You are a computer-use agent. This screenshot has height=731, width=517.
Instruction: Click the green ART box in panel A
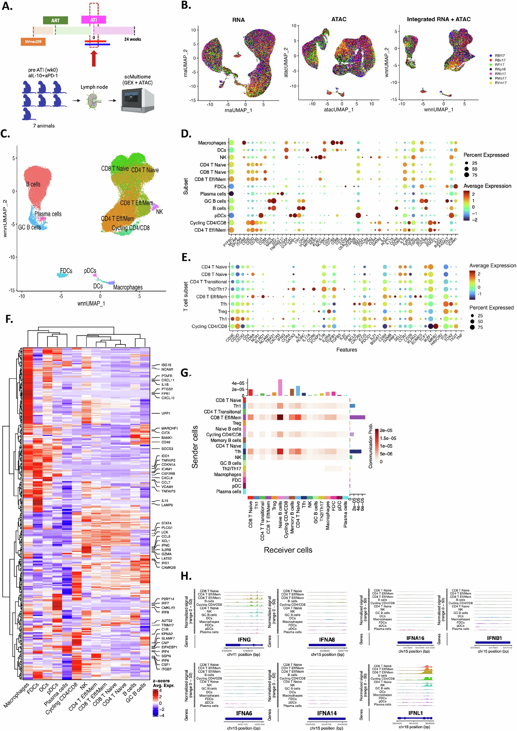(x=55, y=20)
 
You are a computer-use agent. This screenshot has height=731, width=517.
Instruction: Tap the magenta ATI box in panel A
(x=93, y=20)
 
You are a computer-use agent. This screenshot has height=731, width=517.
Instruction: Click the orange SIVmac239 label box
(x=33, y=42)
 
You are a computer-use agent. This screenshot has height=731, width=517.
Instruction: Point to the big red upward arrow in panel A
(x=94, y=58)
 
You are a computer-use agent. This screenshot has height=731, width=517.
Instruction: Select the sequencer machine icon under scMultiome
(x=137, y=100)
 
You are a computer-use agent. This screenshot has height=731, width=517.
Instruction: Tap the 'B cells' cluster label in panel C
(x=33, y=184)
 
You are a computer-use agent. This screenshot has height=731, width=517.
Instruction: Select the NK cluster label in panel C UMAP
(x=159, y=212)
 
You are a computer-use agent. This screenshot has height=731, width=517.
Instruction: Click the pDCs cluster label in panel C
(x=90, y=271)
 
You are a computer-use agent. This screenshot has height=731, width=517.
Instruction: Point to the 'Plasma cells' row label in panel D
(x=213, y=194)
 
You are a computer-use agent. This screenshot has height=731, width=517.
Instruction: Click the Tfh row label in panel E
(x=224, y=304)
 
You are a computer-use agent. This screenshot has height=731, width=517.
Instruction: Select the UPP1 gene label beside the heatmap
(x=166, y=413)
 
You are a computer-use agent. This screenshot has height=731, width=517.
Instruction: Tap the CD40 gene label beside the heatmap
(x=166, y=442)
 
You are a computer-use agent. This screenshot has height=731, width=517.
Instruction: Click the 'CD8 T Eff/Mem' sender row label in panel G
(x=226, y=417)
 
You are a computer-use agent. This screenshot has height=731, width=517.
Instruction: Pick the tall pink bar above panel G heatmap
(x=280, y=387)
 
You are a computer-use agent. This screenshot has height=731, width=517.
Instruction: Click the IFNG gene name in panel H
(x=244, y=640)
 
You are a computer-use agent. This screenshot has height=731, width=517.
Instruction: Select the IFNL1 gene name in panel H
(x=415, y=713)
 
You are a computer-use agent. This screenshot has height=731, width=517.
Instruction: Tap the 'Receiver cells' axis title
(x=288, y=550)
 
